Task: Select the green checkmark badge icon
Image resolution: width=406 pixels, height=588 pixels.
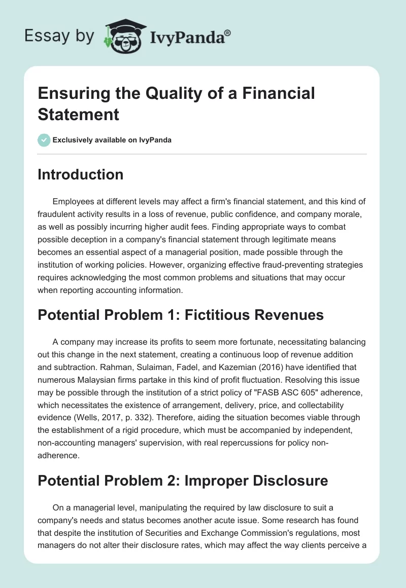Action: coord(44,140)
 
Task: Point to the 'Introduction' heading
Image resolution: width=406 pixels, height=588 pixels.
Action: coord(80,174)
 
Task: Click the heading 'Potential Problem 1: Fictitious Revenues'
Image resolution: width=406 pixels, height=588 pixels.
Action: coord(181,315)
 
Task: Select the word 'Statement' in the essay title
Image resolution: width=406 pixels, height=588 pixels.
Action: coord(79,114)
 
